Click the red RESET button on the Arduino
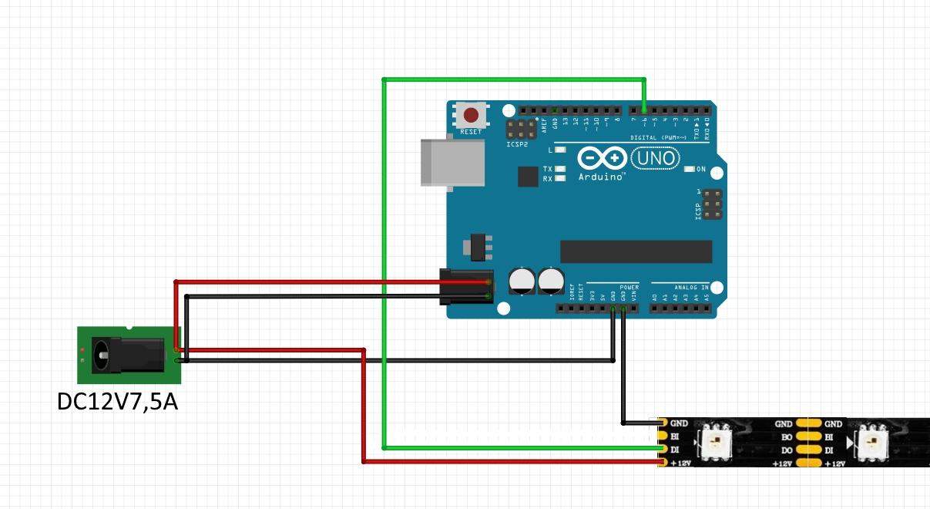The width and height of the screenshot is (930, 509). tap(470, 116)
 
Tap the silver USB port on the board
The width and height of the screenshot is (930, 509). tap(452, 162)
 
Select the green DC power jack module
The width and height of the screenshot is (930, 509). tap(129, 355)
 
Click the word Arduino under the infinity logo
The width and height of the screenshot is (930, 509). tap(602, 177)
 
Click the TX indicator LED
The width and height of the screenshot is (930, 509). tap(560, 168)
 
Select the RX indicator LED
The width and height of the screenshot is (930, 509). tap(560, 178)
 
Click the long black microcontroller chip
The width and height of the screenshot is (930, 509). tap(636, 251)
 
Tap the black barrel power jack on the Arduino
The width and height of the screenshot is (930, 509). tap(465, 287)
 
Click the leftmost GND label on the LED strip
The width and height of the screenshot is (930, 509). tap(679, 423)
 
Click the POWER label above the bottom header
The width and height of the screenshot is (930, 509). tap(629, 286)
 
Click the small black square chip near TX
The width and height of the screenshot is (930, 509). tap(528, 177)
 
